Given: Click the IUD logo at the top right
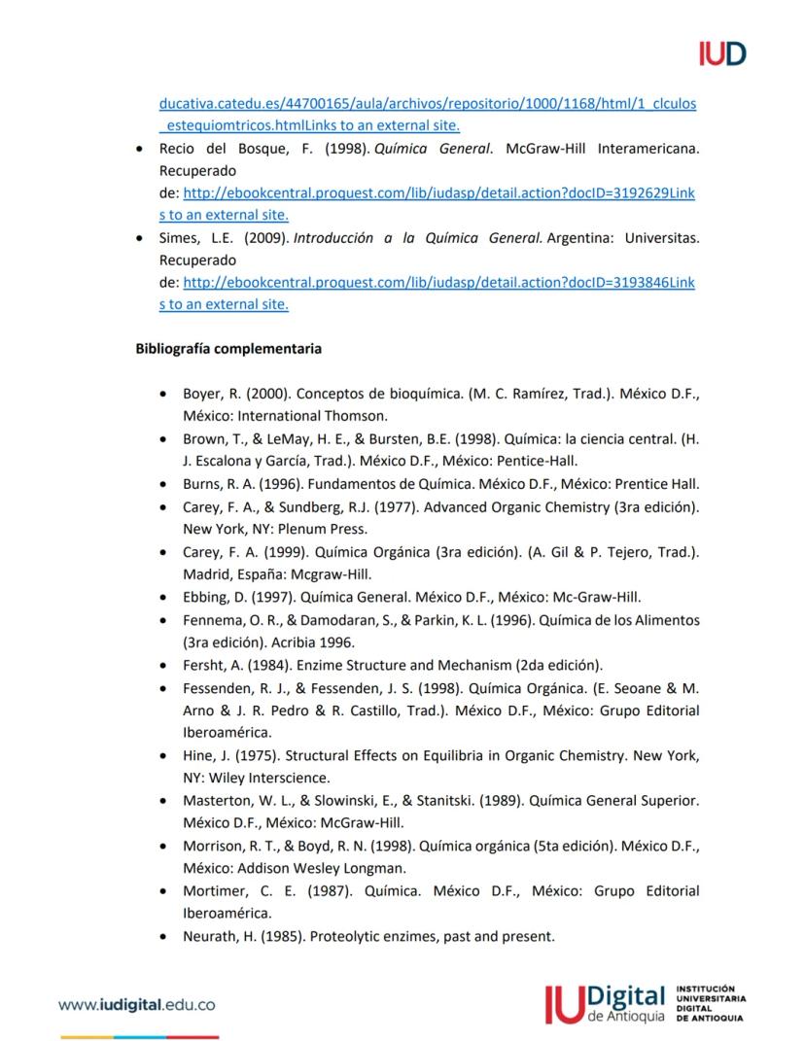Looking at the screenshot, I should click(x=721, y=53).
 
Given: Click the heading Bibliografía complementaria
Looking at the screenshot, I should click(x=228, y=346).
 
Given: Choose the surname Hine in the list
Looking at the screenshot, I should click(x=198, y=754).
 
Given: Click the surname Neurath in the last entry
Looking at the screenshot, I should click(x=210, y=936).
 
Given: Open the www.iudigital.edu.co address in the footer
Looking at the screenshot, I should click(x=137, y=1005).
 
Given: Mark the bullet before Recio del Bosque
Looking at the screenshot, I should click(x=142, y=149).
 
